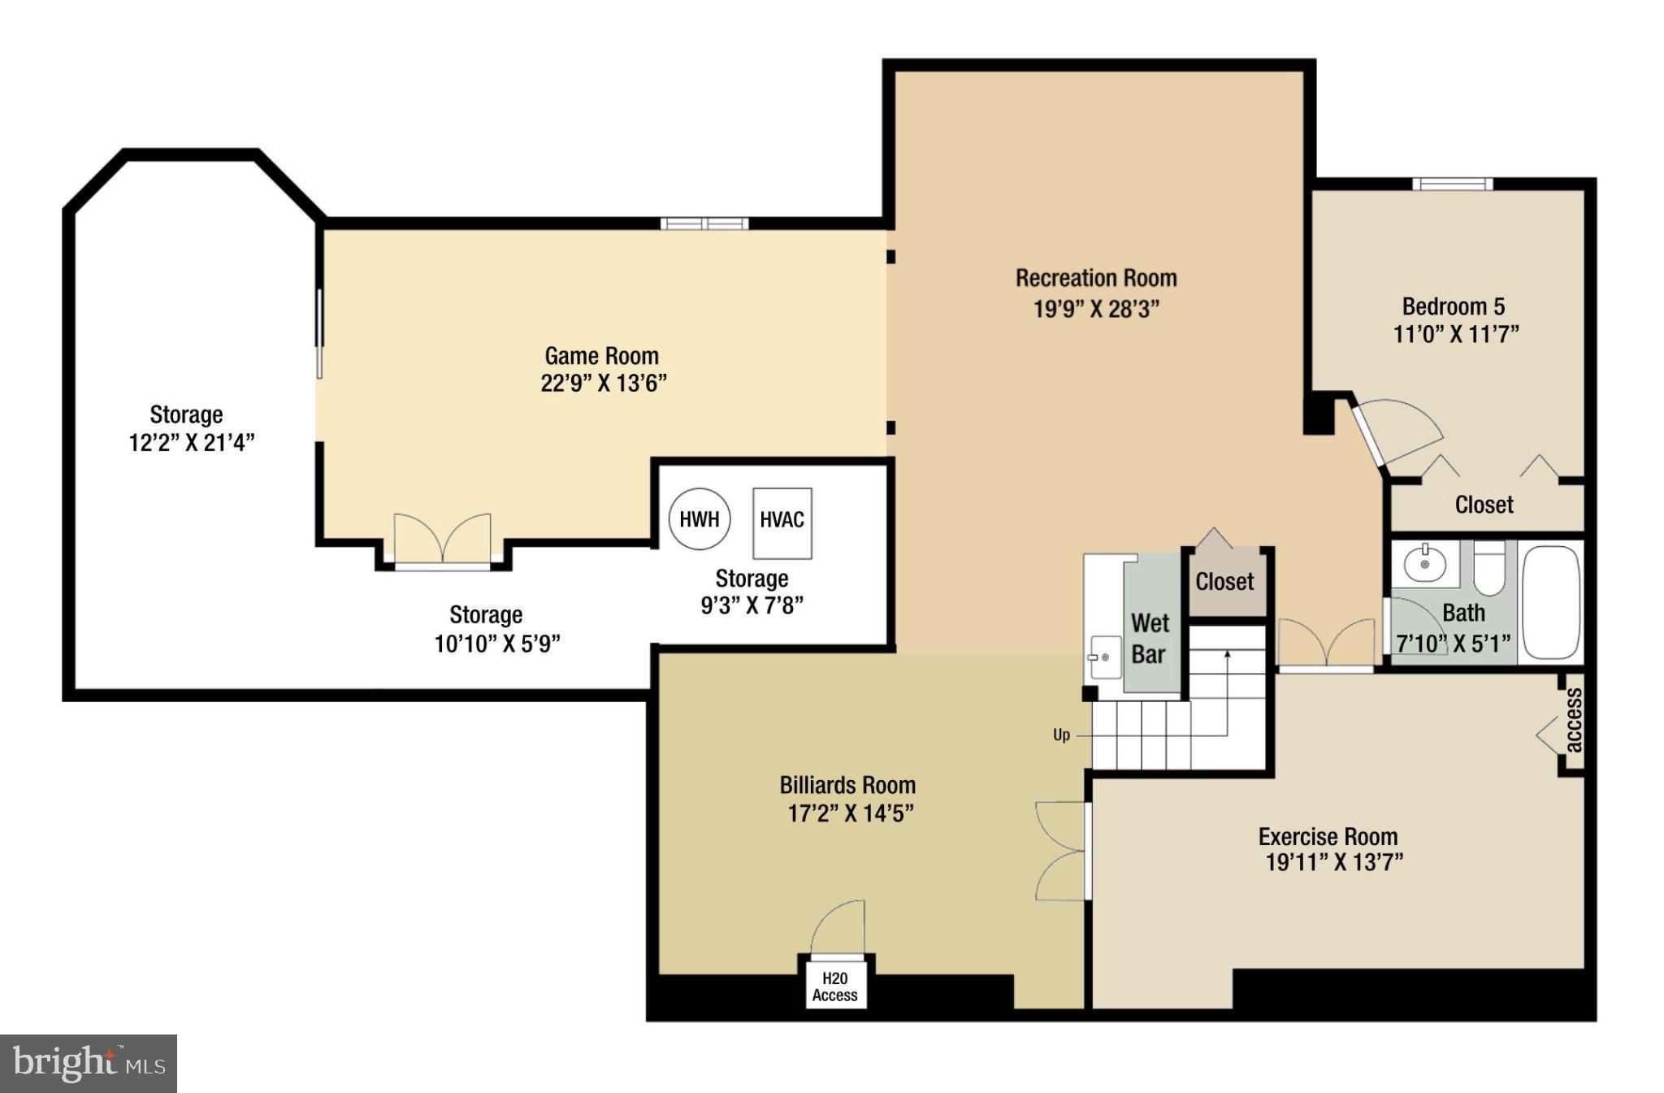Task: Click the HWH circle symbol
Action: pyautogui.click(x=699, y=518)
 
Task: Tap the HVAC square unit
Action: pyautogui.click(x=782, y=522)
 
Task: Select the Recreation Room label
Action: pyautogui.click(x=1096, y=278)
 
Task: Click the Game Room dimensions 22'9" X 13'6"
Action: pyautogui.click(x=604, y=384)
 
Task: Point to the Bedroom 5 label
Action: pyautogui.click(x=1454, y=306)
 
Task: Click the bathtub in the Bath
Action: pyautogui.click(x=1550, y=602)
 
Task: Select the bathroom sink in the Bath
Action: pyautogui.click(x=1425, y=563)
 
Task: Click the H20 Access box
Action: pyautogui.click(x=835, y=987)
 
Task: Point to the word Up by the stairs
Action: pyautogui.click(x=1061, y=735)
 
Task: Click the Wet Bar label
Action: pyautogui.click(x=1150, y=639)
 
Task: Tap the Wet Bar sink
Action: pyautogui.click(x=1104, y=657)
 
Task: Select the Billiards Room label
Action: pyautogui.click(x=847, y=785)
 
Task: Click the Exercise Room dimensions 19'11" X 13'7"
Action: pyautogui.click(x=1334, y=862)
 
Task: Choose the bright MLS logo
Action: pyautogui.click(x=89, y=1063)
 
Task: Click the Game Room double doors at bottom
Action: pyautogui.click(x=443, y=540)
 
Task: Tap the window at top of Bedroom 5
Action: pyautogui.click(x=1452, y=184)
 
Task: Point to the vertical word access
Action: pyautogui.click(x=1573, y=720)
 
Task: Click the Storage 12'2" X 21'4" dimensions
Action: pyautogui.click(x=192, y=443)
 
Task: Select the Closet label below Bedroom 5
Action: pyautogui.click(x=1484, y=505)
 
